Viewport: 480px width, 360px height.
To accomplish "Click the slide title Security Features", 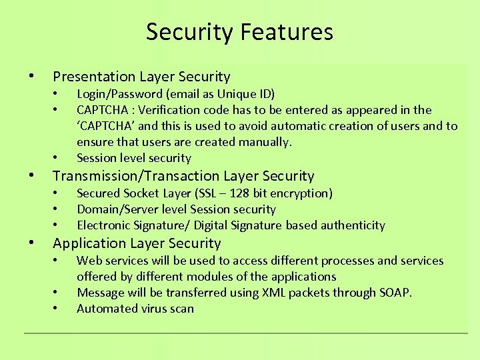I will [239, 31].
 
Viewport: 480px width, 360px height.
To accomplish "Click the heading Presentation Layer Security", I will [141, 77].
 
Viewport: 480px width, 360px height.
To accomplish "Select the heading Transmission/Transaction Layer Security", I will [183, 176].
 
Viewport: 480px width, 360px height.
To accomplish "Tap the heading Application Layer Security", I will [137, 243].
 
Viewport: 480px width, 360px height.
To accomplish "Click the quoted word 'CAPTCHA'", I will [106, 126].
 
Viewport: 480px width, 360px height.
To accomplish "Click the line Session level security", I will [134, 158].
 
